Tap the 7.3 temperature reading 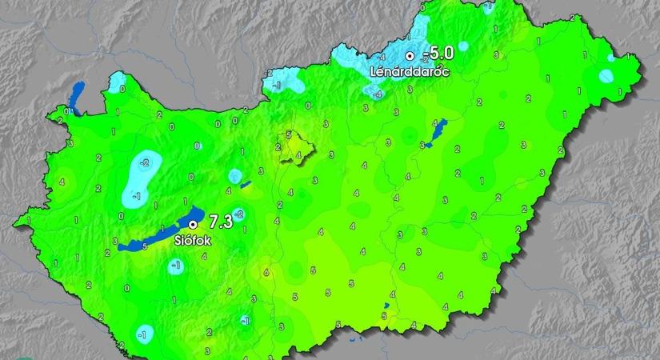click(x=220, y=222)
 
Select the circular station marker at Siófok click(x=192, y=225)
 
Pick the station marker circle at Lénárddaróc click(x=410, y=56)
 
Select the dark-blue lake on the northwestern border click(x=78, y=95)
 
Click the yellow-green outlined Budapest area click(x=293, y=148)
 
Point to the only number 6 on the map click(x=266, y=273)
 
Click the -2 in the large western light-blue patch click(x=144, y=163)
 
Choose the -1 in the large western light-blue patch click(x=137, y=194)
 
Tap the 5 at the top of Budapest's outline click(x=288, y=135)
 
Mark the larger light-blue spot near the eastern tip click(x=606, y=77)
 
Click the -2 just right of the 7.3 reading click(x=239, y=213)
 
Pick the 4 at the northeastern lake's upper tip click(x=435, y=124)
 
